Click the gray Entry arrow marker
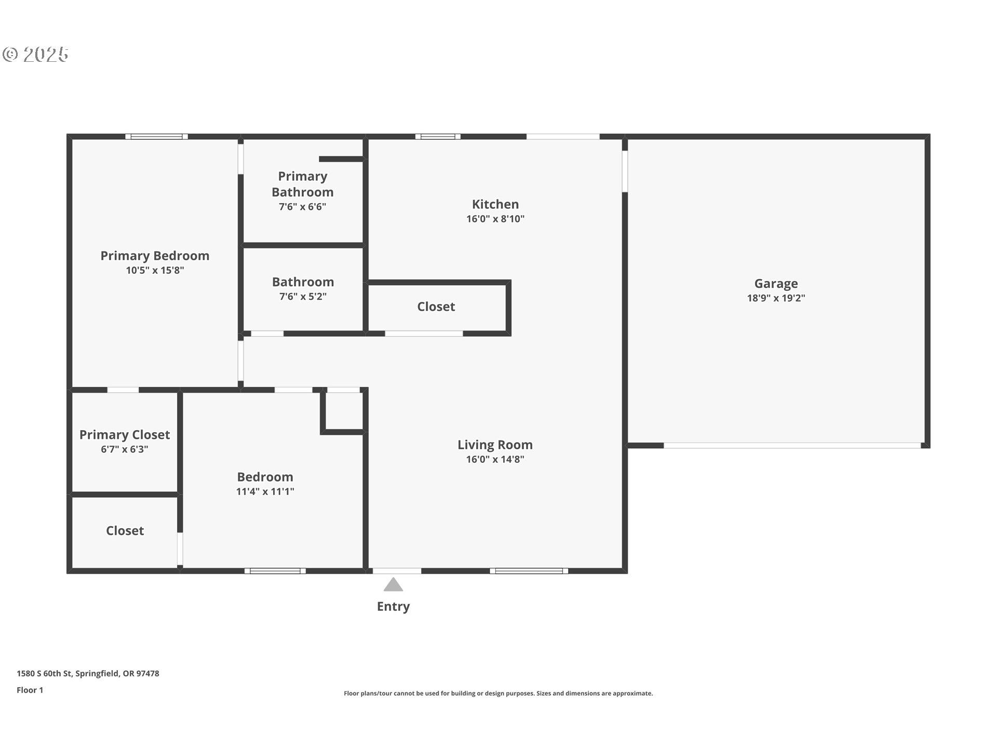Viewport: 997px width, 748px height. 393,584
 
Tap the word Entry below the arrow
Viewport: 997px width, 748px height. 393,607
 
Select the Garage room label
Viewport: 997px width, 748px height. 776,284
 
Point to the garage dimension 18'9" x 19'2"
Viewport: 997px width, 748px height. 776,298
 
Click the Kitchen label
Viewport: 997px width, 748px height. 495,204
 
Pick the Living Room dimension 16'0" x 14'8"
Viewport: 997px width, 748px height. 495,459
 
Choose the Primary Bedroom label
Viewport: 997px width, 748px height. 155,256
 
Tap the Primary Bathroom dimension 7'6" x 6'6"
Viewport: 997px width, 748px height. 302,207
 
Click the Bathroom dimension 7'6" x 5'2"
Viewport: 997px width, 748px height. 303,297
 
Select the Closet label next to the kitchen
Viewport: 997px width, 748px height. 436,306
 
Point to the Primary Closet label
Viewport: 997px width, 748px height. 125,435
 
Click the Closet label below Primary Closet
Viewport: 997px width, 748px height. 125,530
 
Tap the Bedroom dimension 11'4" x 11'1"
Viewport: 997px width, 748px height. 265,491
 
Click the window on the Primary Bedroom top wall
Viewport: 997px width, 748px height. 156,137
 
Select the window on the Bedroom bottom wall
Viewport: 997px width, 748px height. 275,571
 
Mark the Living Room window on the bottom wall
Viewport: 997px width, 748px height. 529,571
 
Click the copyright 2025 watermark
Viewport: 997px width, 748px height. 35,55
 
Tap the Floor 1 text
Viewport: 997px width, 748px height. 30,690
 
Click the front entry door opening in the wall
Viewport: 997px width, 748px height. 397,571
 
